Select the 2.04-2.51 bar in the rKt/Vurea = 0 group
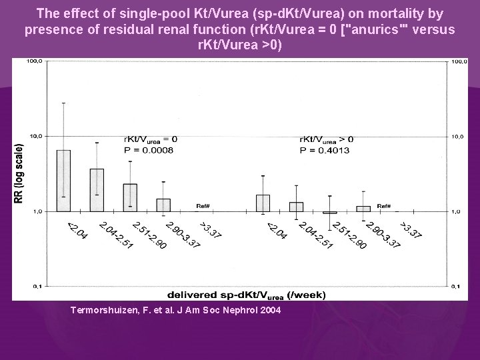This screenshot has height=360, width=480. [97, 191]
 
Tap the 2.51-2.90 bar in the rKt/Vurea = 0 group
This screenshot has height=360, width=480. [130, 198]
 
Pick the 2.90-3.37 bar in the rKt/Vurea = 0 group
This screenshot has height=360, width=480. [163, 205]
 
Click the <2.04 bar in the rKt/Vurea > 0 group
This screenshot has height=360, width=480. [263, 203]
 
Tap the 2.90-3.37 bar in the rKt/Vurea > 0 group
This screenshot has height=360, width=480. [363, 209]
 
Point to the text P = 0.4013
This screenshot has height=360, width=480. [325, 150]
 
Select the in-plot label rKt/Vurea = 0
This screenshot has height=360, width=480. [149, 139]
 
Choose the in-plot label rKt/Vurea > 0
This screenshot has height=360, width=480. [326, 139]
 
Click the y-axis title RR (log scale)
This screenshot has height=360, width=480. [19, 173]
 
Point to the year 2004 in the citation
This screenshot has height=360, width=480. [270, 310]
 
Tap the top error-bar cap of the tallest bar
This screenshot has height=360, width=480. [63, 103]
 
